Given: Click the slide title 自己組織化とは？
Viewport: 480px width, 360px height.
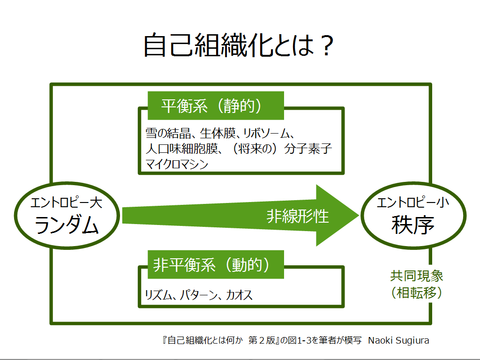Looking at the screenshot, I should [x=240, y=44].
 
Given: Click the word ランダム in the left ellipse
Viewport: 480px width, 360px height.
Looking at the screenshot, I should [x=67, y=225].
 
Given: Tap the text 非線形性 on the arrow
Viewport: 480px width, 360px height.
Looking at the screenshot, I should [x=294, y=215].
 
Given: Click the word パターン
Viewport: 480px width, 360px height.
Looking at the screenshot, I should [x=203, y=295].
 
